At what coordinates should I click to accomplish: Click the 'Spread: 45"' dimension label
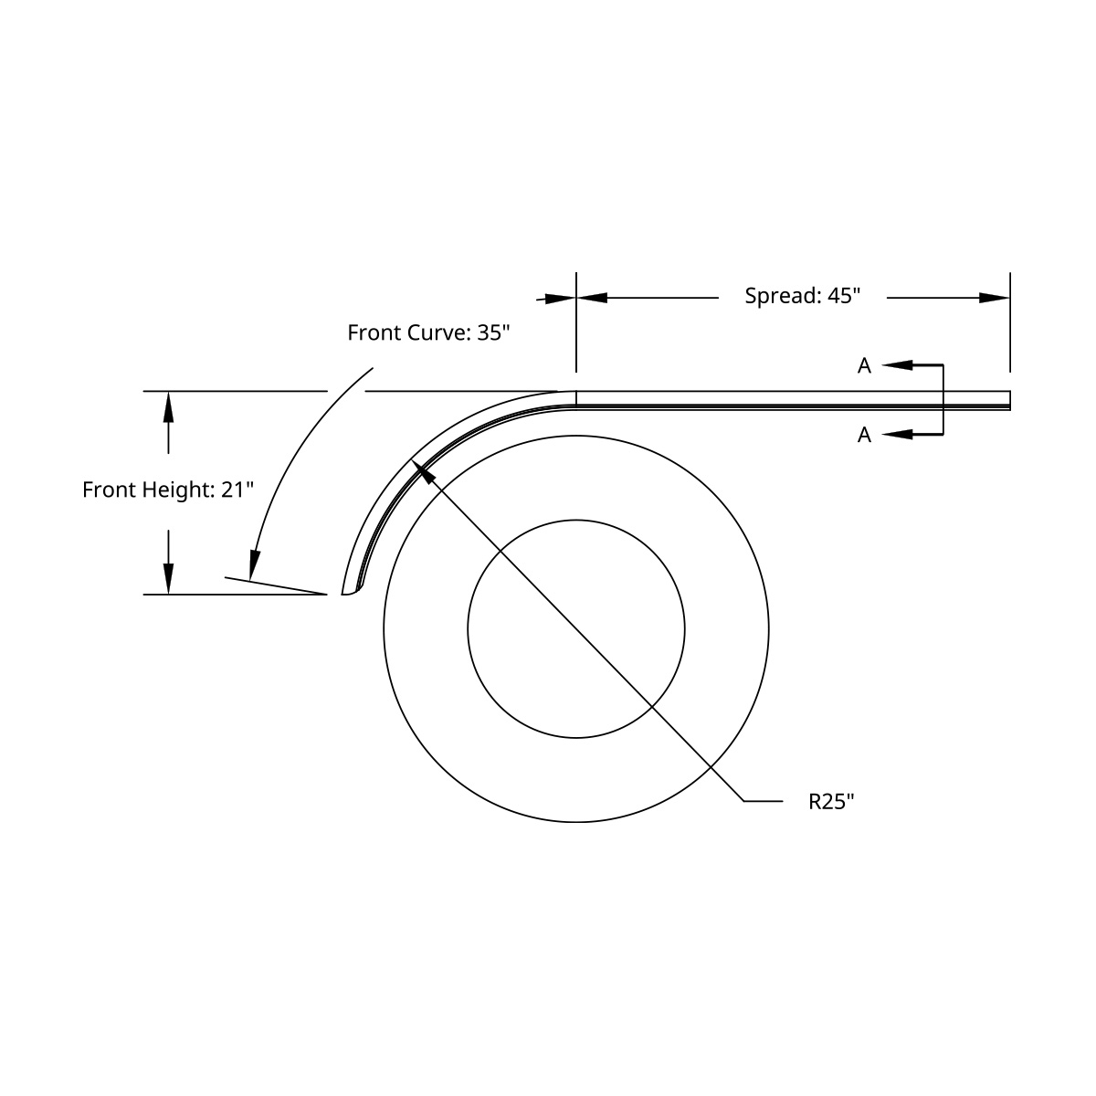click(x=802, y=296)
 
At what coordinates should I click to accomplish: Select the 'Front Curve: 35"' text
click(x=427, y=332)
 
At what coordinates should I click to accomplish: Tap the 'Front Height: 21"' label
click(x=167, y=490)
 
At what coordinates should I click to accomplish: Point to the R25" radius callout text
click(x=831, y=802)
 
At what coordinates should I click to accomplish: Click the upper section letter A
click(x=864, y=366)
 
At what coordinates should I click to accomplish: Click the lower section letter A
click(x=864, y=436)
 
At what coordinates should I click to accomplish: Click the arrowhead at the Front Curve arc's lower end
click(x=255, y=563)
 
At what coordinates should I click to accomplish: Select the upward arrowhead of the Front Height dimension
click(x=167, y=406)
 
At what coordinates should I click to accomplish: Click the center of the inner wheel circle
click(x=576, y=628)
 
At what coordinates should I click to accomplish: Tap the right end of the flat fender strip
click(x=1008, y=400)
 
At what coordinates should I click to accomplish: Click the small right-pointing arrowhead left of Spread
click(x=560, y=298)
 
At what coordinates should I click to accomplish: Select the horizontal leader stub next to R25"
click(x=764, y=801)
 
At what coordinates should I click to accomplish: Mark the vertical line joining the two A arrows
click(x=943, y=400)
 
